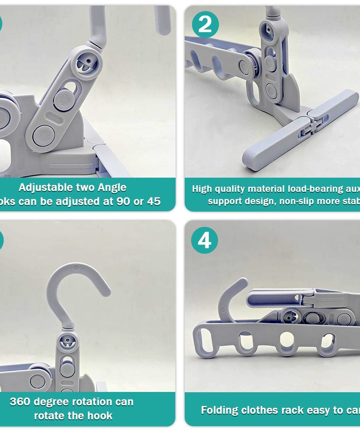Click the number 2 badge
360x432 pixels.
[205, 24]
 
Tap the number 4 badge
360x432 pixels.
[204, 240]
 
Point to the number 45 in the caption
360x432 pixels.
[153, 201]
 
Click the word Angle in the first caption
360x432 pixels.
[112, 187]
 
